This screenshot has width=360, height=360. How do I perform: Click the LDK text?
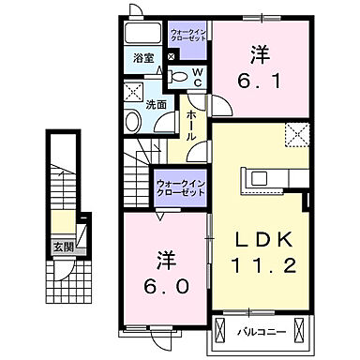click(262, 237)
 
